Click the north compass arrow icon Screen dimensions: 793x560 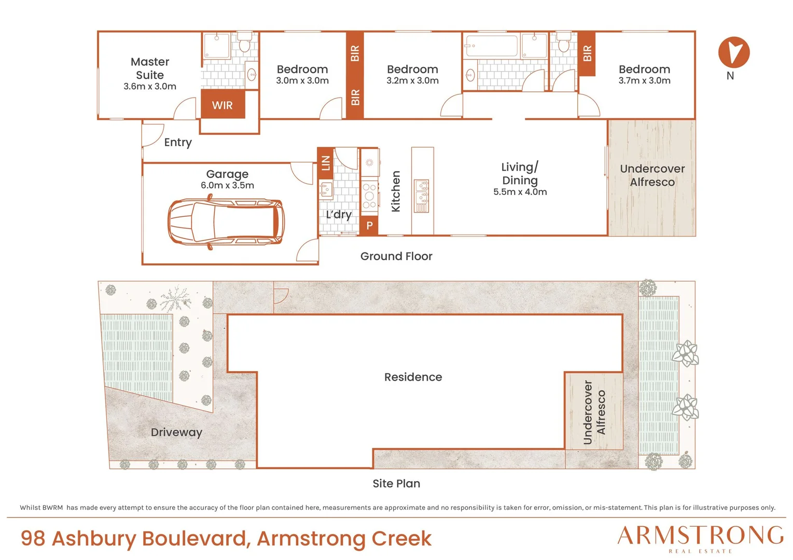coord(733,52)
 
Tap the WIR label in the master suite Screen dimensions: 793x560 coord(222,105)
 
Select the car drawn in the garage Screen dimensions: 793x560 coord(226,222)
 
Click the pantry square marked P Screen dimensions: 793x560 coord(369,226)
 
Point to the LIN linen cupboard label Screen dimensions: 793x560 coord(326,163)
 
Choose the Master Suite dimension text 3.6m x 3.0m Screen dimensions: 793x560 coord(150,87)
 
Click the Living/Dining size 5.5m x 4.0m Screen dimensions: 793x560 coord(520,192)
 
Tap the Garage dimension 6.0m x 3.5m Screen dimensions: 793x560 coord(227,185)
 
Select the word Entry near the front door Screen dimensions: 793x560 coord(178,142)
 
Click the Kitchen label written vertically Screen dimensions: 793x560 coord(395,191)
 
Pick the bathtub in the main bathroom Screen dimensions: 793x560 coord(492,46)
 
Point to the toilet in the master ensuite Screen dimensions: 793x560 coord(244,42)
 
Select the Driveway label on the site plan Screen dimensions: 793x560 coord(176,432)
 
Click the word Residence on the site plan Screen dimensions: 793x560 coord(413,377)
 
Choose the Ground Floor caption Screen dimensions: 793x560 coord(396,256)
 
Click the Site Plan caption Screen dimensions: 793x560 coord(396,483)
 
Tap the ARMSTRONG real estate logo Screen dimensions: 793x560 coord(700,539)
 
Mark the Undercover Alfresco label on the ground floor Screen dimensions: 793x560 coord(652,175)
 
